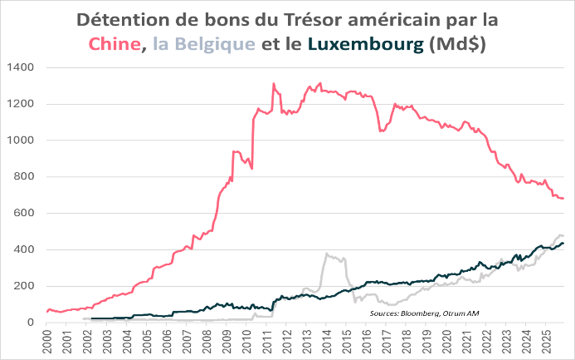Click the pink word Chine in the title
click(x=114, y=44)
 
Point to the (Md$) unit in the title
click(x=458, y=44)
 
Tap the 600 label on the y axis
click(x=24, y=213)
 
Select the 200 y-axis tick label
click(x=24, y=286)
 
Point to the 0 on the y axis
click(x=31, y=323)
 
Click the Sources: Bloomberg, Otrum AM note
click(x=424, y=314)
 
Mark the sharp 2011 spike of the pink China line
click(x=274, y=84)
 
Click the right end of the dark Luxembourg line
click(x=563, y=243)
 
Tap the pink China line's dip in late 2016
click(x=381, y=131)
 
